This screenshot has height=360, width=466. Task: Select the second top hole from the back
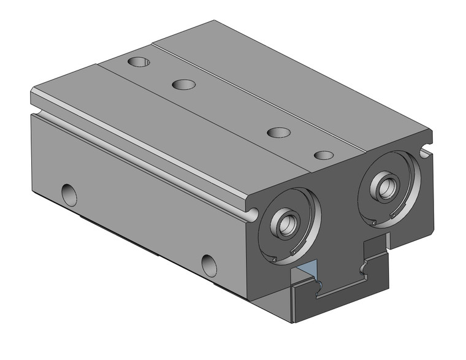183,84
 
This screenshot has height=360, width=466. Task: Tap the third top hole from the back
279,132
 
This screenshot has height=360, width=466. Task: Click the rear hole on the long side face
70,194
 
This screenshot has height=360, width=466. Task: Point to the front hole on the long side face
210,264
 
